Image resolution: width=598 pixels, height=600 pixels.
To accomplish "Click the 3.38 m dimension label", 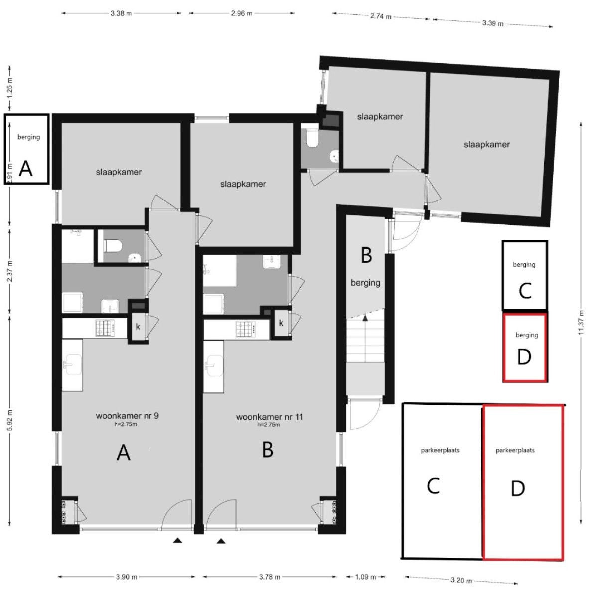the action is click(x=121, y=13).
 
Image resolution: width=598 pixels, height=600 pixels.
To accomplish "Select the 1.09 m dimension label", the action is click(x=366, y=577).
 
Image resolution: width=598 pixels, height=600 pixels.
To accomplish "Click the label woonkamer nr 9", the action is click(x=127, y=416).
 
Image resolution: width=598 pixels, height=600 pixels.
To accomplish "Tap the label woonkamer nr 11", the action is click(x=270, y=417).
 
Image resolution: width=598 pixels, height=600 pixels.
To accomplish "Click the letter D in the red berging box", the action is click(x=524, y=357).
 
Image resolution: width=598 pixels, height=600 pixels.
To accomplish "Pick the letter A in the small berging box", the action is click(x=26, y=169).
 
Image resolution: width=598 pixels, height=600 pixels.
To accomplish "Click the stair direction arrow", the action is click(x=365, y=317).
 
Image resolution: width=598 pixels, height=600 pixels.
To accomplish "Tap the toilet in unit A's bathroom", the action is click(x=112, y=246).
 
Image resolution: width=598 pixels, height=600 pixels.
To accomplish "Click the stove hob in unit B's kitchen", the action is click(x=246, y=329).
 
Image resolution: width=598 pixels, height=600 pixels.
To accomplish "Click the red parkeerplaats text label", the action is click(x=515, y=450).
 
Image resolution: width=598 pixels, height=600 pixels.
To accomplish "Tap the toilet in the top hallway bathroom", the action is click(x=311, y=138).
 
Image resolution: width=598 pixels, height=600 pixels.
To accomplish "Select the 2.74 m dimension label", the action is click(x=381, y=16).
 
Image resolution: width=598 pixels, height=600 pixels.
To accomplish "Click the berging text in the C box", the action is click(x=524, y=265).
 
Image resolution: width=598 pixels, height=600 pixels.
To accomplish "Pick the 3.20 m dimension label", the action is click(x=461, y=580).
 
